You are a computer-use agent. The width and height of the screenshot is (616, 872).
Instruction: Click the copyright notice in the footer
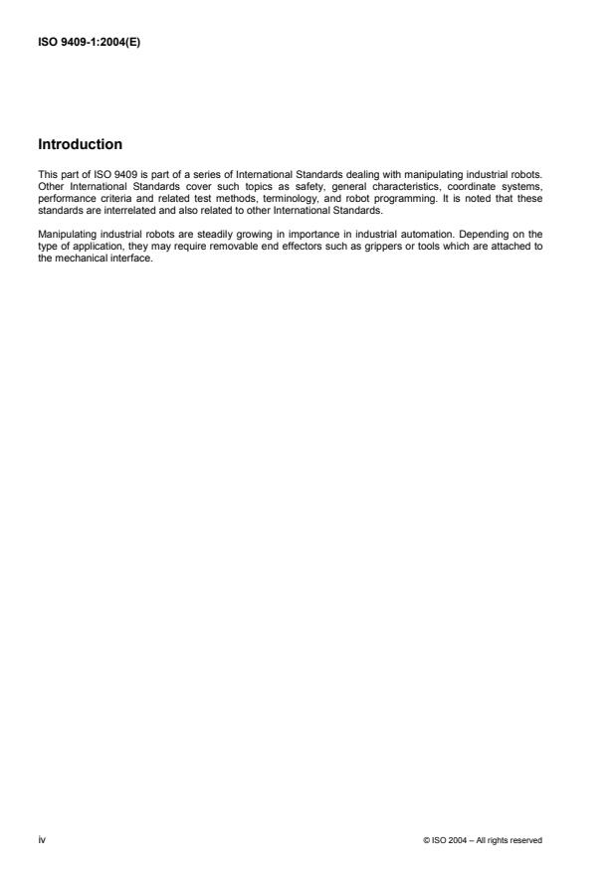pyautogui.click(x=483, y=840)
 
